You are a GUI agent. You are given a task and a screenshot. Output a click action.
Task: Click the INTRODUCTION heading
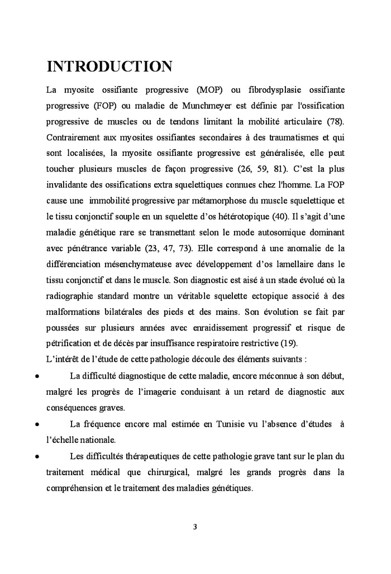(x=109, y=66)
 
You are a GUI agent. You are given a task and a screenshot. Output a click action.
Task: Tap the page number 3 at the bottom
(x=195, y=527)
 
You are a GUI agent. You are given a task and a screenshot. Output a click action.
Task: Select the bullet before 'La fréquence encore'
(x=36, y=424)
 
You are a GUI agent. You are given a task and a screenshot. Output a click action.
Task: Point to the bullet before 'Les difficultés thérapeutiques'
(x=36, y=456)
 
